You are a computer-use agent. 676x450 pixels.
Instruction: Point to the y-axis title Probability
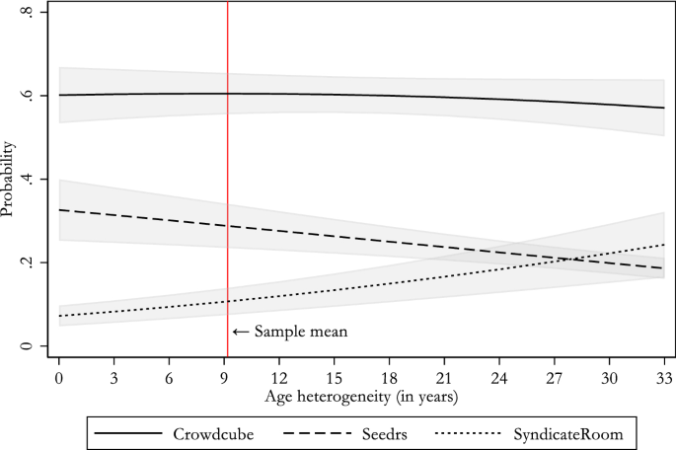(9, 179)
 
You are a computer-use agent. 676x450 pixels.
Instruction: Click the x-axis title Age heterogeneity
(361, 398)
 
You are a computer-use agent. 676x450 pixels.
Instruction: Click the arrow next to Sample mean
(241, 333)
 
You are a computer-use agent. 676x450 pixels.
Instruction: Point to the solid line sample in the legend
(129, 431)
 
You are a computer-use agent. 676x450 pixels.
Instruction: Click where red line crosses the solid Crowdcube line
(228, 94)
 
